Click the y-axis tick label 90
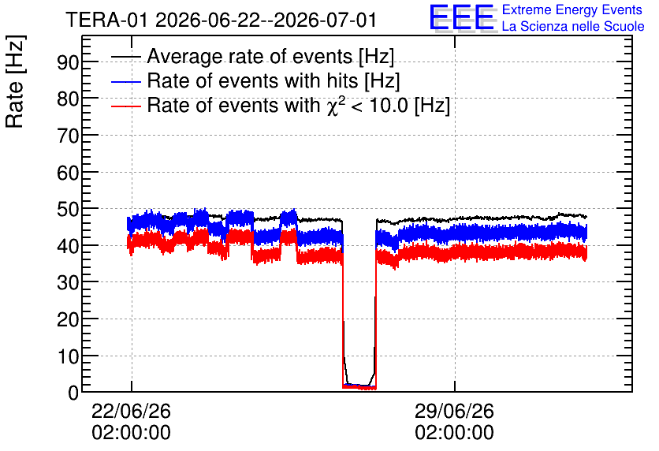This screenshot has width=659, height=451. pyautogui.click(x=68, y=62)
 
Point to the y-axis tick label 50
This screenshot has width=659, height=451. pyautogui.click(x=68, y=209)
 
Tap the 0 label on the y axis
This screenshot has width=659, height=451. pyautogui.click(x=73, y=393)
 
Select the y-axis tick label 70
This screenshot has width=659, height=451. pyautogui.click(x=68, y=136)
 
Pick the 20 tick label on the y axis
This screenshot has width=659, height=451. pyautogui.click(x=68, y=320)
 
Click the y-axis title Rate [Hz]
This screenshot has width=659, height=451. pyautogui.click(x=15, y=81)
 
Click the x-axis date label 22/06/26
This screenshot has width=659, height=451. pyautogui.click(x=131, y=411)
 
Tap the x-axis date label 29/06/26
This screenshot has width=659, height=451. pyautogui.click(x=454, y=411)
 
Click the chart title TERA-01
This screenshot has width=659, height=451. pyautogui.click(x=106, y=20)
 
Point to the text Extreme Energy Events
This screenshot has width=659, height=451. pyautogui.click(x=572, y=9)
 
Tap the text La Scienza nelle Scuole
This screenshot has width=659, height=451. pyautogui.click(x=573, y=26)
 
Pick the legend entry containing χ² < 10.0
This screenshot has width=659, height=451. pyautogui.click(x=299, y=105)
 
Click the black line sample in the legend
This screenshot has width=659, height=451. pyautogui.click(x=125, y=56)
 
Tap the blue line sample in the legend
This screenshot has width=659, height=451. pyautogui.click(x=125, y=81)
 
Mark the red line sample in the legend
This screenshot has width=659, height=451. pyautogui.click(x=125, y=106)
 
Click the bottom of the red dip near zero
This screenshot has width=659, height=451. pyautogui.click(x=359, y=387)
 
